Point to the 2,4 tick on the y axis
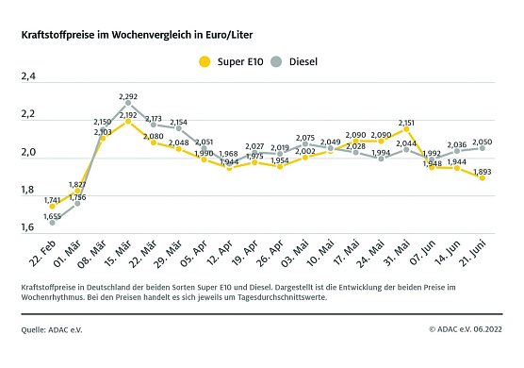click(x=28, y=77)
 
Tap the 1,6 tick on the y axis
click(x=28, y=227)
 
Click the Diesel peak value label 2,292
click(x=129, y=95)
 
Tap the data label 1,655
click(x=52, y=216)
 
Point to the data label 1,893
click(x=483, y=171)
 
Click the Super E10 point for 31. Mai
click(x=406, y=129)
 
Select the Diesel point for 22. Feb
click(x=52, y=222)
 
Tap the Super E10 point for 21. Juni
click(x=483, y=177)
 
